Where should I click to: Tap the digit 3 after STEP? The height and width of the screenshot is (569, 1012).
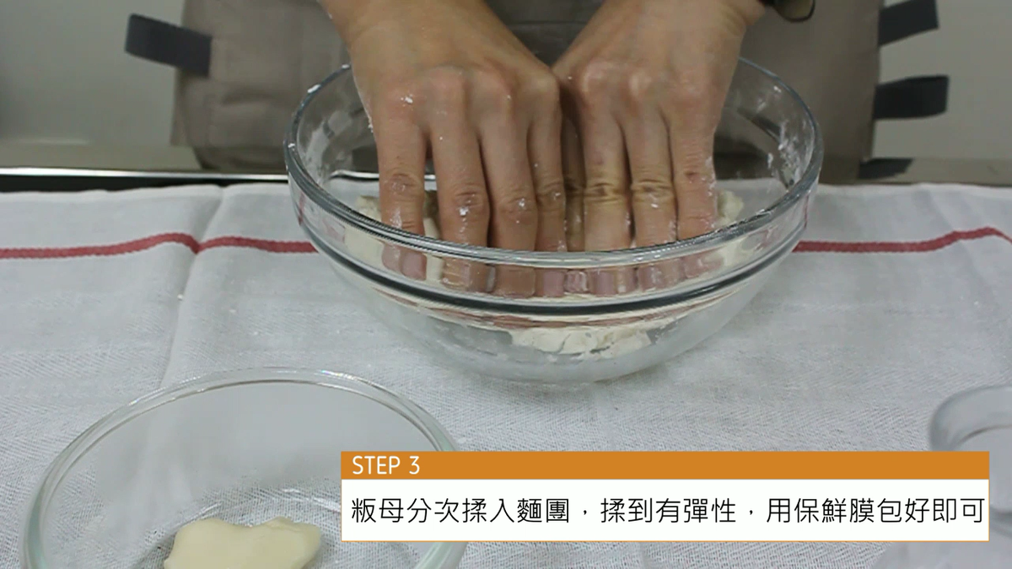click(414, 465)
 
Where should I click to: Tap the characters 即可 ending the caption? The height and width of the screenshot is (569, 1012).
click(959, 511)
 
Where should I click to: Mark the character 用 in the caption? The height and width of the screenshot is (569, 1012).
click(779, 511)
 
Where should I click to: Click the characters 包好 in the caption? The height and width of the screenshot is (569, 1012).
click(903, 511)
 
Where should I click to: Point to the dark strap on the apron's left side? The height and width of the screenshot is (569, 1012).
click(168, 44)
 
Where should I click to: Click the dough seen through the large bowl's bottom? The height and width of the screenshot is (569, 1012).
click(583, 341)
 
